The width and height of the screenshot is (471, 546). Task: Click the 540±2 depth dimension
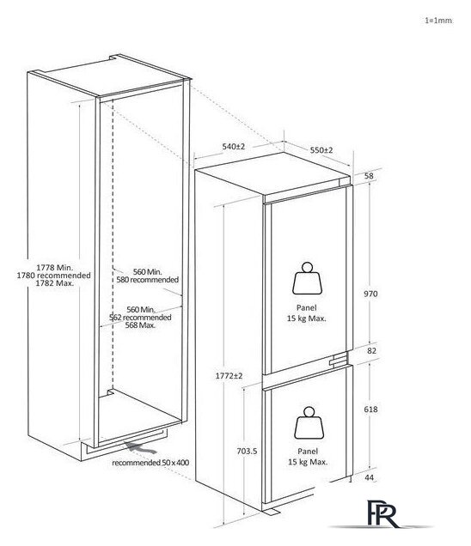tap(234, 147)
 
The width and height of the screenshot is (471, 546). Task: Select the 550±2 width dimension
tap(321, 150)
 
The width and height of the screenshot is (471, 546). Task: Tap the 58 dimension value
tap(369, 176)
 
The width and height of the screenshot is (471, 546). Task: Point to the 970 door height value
tap(370, 294)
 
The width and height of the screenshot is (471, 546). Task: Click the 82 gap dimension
tap(371, 350)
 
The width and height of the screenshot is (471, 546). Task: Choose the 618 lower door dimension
tap(370, 409)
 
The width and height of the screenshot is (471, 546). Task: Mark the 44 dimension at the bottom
tap(370, 477)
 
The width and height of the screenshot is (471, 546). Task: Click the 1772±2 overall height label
tap(229, 376)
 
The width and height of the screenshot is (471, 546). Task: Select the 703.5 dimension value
tap(247, 451)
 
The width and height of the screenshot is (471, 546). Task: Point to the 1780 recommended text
tap(53, 275)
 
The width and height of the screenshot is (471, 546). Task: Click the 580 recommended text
tap(148, 280)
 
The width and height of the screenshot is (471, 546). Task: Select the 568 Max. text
tap(140, 325)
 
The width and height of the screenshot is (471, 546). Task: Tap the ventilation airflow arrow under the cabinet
tap(142, 448)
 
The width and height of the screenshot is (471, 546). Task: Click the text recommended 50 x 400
tap(150, 463)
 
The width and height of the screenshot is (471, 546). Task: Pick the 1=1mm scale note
tap(438, 21)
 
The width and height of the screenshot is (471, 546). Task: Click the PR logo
tap(382, 513)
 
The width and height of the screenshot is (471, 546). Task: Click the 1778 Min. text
tap(55, 268)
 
